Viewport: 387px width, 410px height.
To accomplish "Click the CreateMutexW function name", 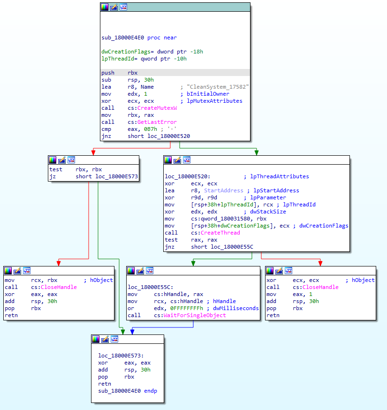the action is (157, 108).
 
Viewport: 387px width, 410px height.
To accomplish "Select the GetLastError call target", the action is (157, 122).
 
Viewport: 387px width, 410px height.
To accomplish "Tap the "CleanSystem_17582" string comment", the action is (218, 87).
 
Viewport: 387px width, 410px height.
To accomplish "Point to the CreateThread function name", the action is (220, 233).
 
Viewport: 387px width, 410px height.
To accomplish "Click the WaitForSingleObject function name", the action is (195, 315).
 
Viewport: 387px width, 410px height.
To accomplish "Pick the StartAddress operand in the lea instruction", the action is (224, 190).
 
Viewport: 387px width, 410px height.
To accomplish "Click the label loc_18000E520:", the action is (188, 176).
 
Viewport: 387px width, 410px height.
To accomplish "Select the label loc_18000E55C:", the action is (151, 287).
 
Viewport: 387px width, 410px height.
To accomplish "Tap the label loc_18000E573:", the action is (121, 356).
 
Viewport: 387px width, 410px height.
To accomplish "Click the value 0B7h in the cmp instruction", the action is (151, 129).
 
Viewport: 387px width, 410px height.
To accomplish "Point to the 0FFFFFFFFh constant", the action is (186, 308).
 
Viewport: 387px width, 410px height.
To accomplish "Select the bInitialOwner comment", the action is (208, 94).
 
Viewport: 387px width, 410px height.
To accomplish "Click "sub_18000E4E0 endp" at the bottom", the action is (128, 391).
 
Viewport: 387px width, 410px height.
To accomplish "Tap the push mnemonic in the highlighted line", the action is (108, 73).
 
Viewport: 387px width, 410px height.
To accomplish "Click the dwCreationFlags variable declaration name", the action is (126, 52).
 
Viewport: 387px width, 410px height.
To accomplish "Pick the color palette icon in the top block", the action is (105, 7).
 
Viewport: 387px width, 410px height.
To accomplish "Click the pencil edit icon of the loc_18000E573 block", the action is (105, 339).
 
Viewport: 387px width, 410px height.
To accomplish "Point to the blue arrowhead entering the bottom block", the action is (132, 332).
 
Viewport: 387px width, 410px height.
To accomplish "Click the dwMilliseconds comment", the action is (236, 308).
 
